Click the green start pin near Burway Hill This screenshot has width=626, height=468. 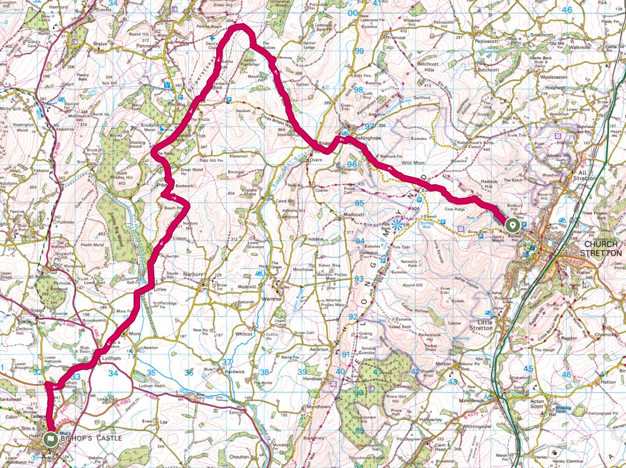(x=512, y=225)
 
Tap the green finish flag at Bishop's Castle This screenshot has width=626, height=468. (x=50, y=439)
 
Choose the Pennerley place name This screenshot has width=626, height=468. (x=148, y=46)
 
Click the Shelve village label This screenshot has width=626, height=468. (x=101, y=44)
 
